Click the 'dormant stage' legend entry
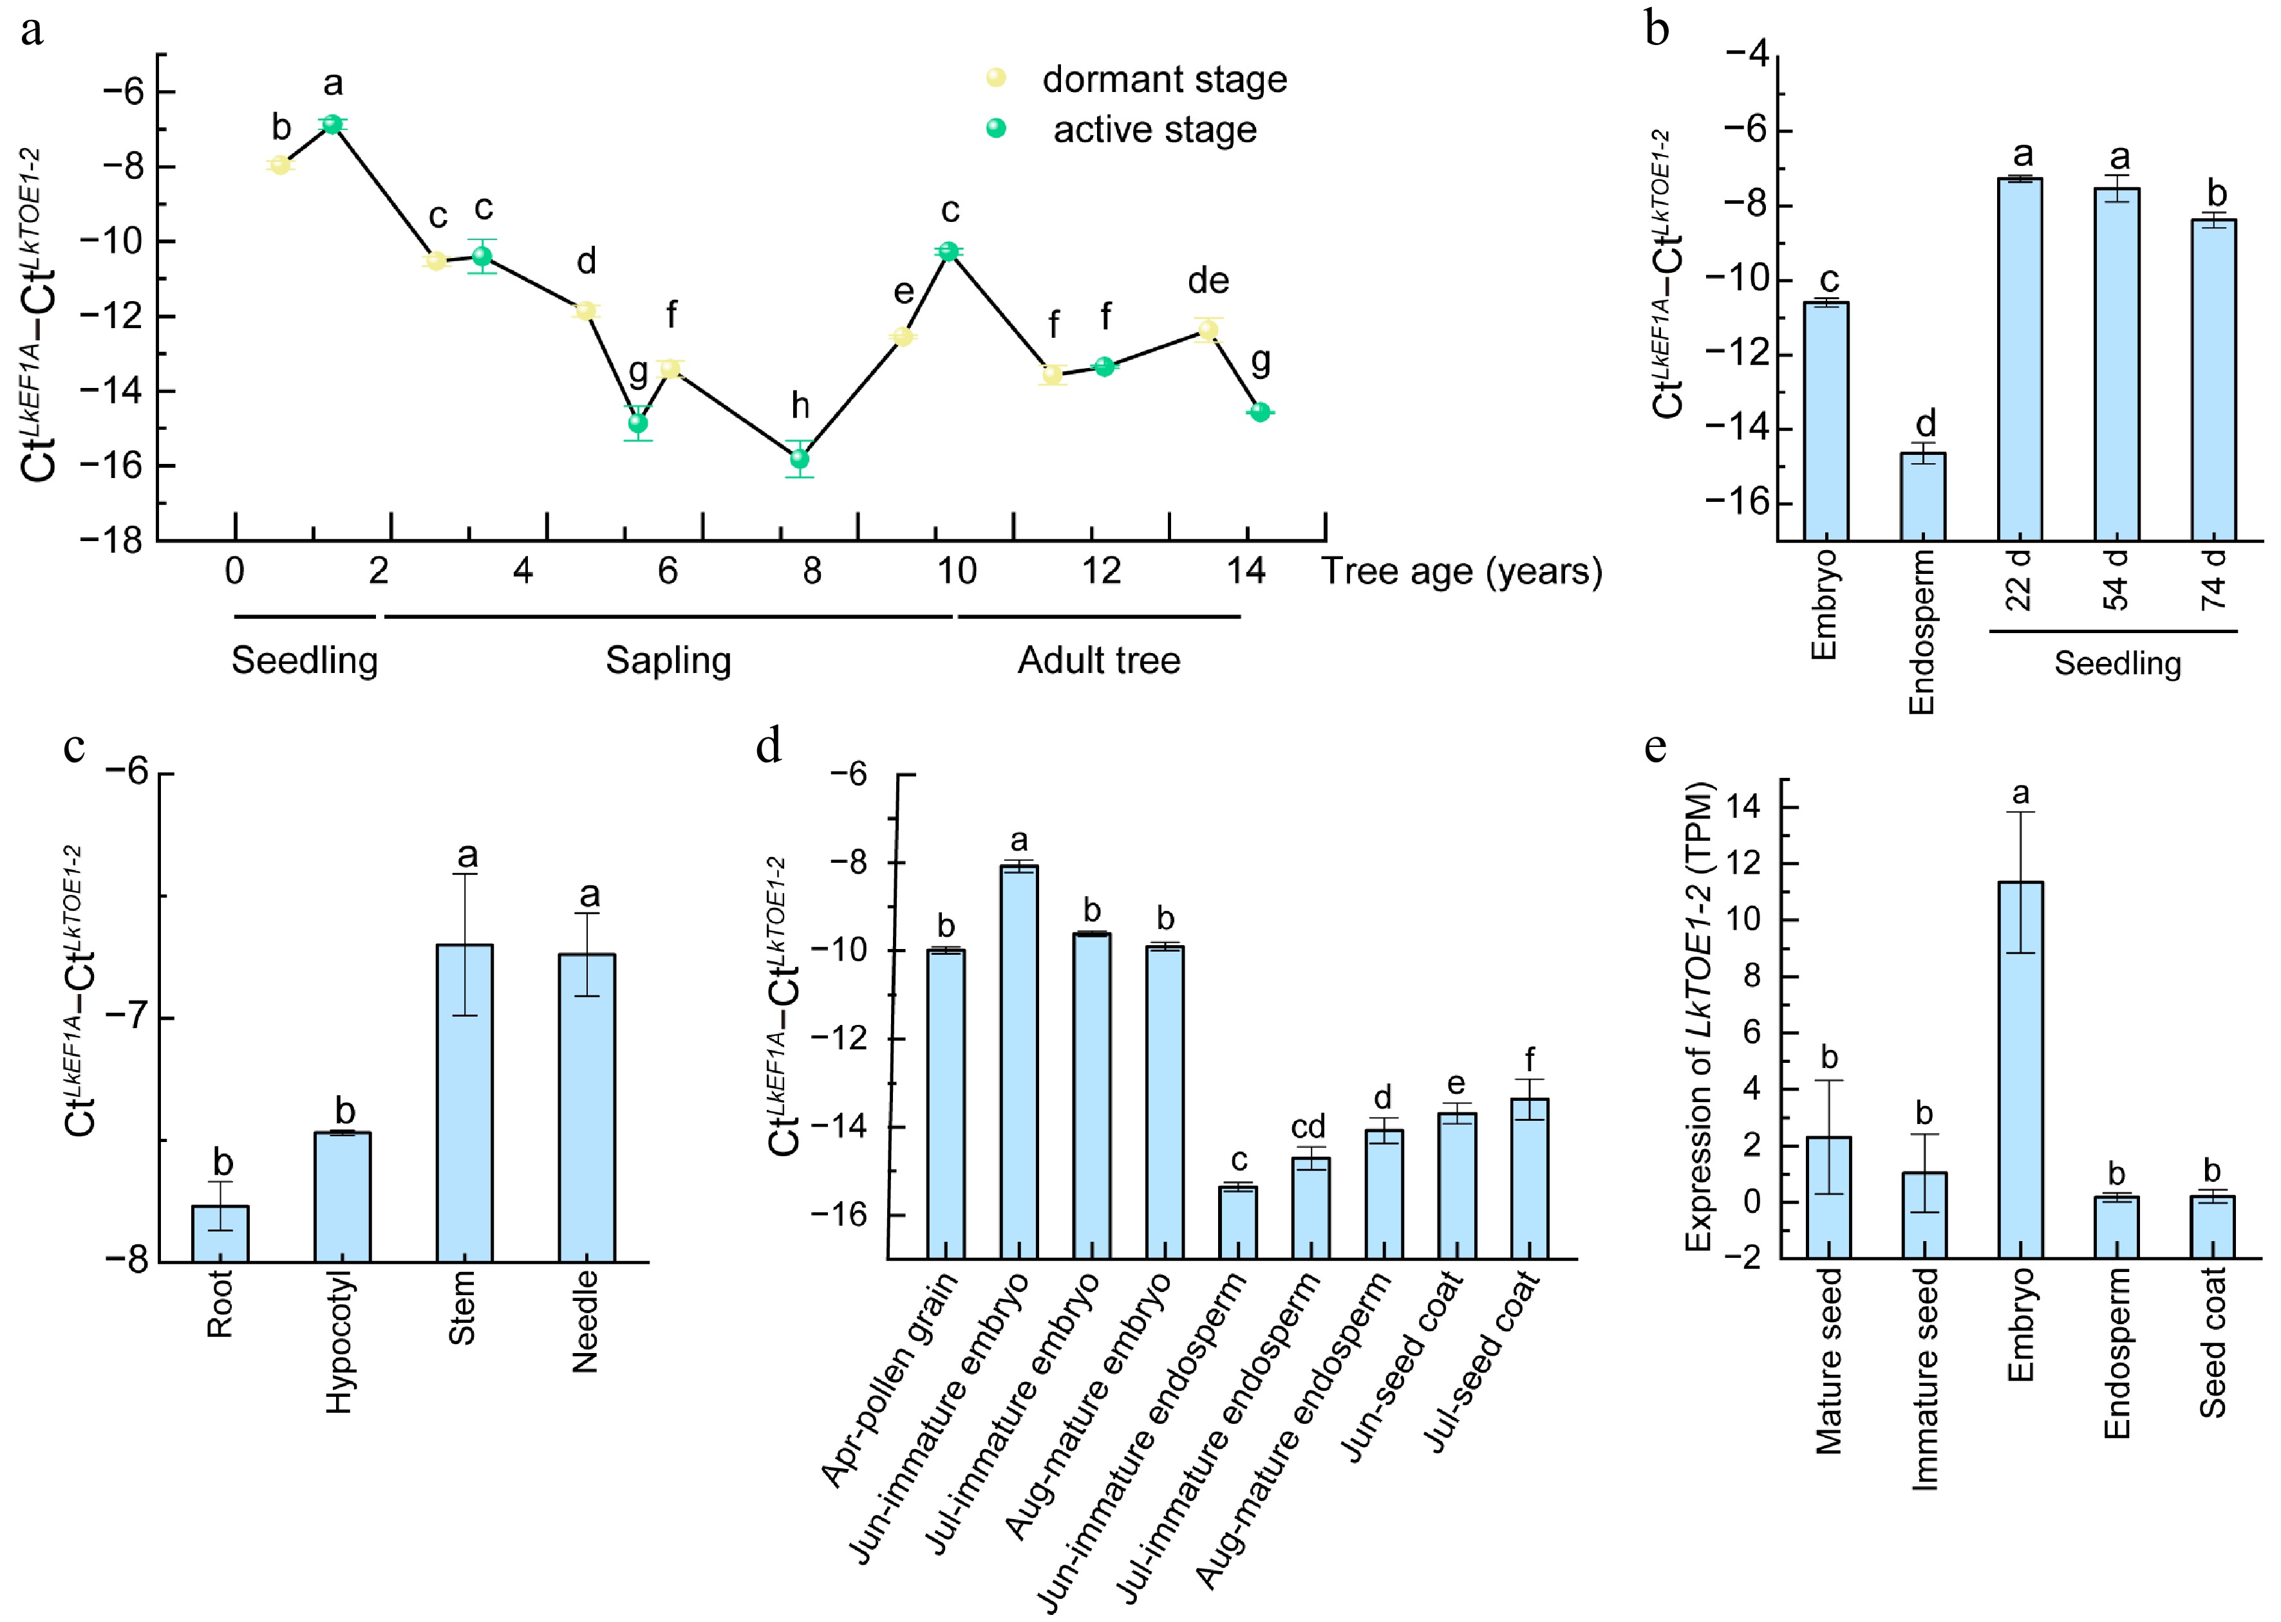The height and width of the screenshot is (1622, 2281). click(1164, 80)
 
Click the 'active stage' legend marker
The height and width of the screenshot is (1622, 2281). click(996, 128)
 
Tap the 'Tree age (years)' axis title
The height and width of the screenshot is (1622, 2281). click(1461, 571)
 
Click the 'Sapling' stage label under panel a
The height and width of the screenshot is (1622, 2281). click(668, 660)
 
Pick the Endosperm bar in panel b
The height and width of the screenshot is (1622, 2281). click(1922, 497)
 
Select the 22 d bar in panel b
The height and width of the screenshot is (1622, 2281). click(2019, 360)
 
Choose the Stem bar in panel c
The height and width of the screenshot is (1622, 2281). click(465, 1103)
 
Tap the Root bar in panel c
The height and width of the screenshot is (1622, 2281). click(220, 1233)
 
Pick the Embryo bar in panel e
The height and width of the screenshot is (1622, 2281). click(2020, 1069)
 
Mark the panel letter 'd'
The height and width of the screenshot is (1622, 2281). click(768, 746)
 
